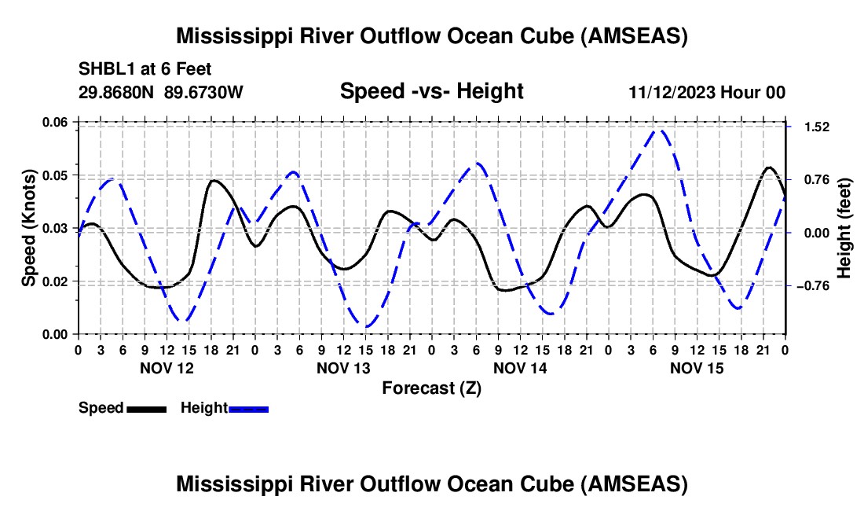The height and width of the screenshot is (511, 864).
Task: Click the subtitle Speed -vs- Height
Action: (431, 91)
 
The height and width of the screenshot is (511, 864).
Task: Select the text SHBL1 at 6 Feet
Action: (145, 69)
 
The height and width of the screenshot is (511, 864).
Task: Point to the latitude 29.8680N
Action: (117, 92)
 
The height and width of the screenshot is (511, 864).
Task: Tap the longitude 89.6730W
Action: (204, 92)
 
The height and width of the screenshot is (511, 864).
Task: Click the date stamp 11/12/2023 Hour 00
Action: (707, 92)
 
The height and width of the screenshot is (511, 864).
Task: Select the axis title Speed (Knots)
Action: (28, 227)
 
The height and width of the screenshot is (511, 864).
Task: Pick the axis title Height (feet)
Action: (845, 227)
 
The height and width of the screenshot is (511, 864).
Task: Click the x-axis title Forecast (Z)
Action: (431, 388)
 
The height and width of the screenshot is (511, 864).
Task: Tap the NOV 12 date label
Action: (166, 368)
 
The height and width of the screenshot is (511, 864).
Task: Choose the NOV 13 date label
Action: (342, 368)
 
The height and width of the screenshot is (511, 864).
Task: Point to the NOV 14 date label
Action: (519, 368)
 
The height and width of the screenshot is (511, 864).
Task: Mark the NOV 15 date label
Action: (696, 368)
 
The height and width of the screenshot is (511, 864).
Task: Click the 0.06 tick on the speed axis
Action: (55, 122)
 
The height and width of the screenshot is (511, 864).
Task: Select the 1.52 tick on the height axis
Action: (812, 127)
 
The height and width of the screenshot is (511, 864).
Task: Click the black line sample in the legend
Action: (146, 408)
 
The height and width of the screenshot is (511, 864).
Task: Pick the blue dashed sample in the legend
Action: (248, 408)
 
